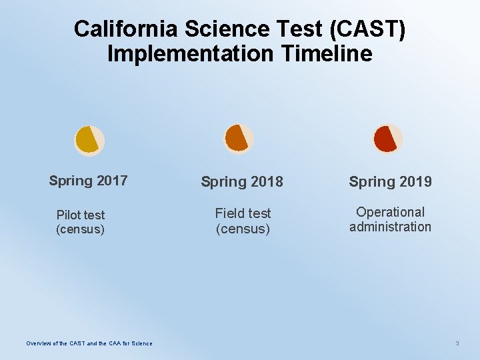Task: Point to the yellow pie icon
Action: tap(89, 139)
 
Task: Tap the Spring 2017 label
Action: tap(88, 181)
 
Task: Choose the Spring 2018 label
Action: tap(242, 181)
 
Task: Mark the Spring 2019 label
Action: tap(391, 181)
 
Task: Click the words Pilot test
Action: tap(81, 215)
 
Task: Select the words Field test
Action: tap(243, 213)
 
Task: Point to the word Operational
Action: tap(390, 212)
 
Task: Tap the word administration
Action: tap(390, 227)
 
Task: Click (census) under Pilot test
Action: tap(81, 230)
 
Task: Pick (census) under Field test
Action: tap(243, 229)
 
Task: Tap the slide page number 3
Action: tap(457, 343)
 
